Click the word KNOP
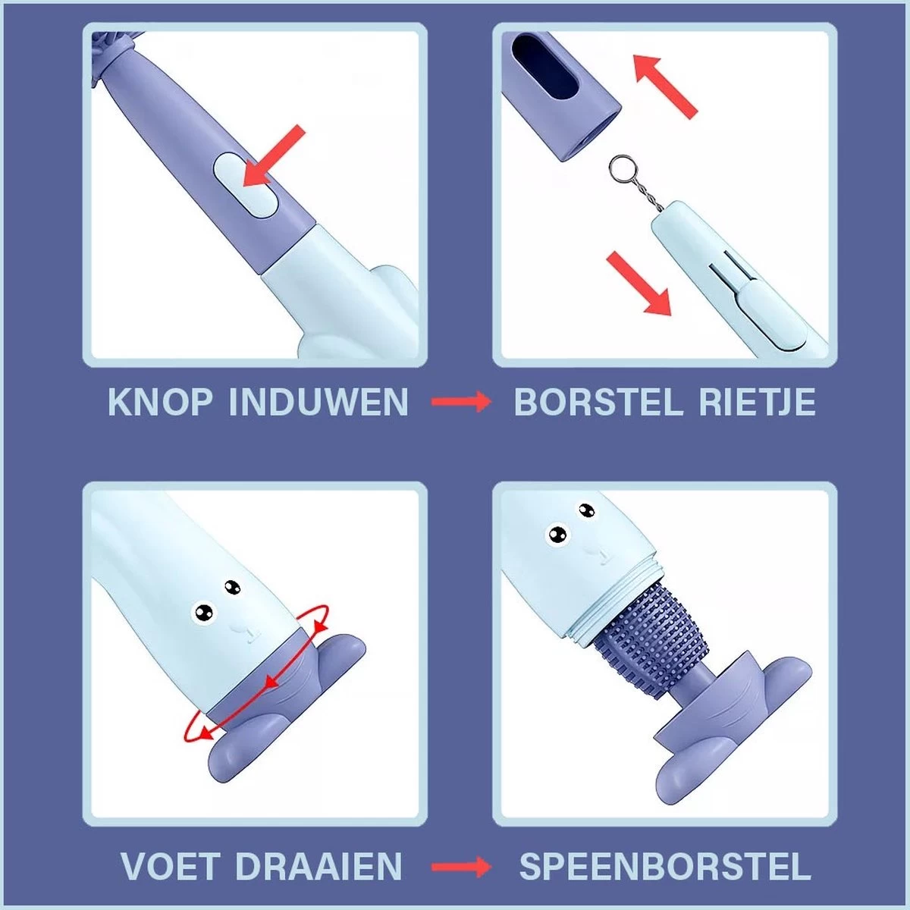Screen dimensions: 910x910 tap(161, 402)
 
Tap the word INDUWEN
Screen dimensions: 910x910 tap(318, 402)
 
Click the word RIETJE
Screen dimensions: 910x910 tap(757, 402)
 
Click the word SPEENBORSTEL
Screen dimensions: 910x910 tap(664, 867)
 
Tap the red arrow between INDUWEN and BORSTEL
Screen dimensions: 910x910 tap(461, 402)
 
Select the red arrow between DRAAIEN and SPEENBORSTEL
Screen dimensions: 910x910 tap(461, 867)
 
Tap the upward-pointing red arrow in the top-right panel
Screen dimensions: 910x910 tap(664, 85)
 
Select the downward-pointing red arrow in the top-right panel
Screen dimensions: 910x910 tap(640, 284)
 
